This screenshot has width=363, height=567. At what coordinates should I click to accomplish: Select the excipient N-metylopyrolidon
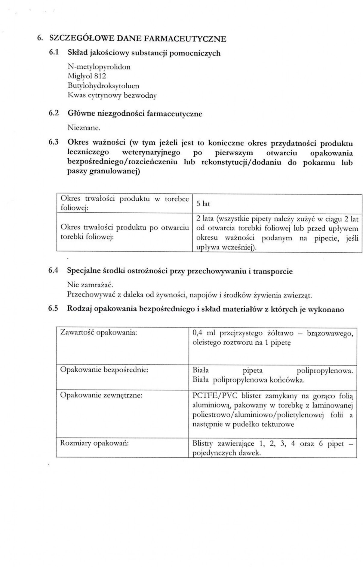click(x=99, y=67)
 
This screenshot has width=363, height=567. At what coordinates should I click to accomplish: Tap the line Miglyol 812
click(x=87, y=76)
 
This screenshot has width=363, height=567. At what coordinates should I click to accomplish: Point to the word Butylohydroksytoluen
click(x=103, y=86)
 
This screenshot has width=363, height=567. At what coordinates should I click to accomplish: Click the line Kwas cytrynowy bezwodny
click(x=112, y=96)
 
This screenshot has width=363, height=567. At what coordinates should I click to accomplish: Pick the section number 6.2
click(x=53, y=113)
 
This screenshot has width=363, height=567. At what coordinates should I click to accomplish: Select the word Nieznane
click(x=84, y=128)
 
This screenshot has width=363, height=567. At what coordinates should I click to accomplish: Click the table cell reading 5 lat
click(x=203, y=204)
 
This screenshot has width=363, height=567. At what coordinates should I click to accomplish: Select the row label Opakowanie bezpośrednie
click(x=104, y=370)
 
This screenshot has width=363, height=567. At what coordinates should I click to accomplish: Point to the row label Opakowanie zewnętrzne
click(x=101, y=395)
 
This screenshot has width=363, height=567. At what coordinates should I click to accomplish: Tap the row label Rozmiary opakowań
click(x=94, y=443)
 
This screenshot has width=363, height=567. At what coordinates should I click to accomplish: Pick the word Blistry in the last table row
click(x=202, y=444)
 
